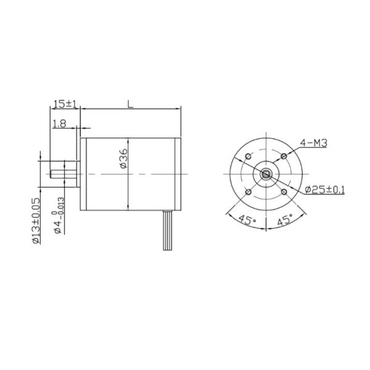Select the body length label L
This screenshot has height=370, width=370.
click(x=130, y=104)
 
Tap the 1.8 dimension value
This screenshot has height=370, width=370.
click(x=60, y=123)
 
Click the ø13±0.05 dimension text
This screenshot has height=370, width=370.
click(x=36, y=221)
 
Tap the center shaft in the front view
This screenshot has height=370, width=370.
click(x=265, y=173)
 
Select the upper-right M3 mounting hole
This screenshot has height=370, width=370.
click(x=284, y=155)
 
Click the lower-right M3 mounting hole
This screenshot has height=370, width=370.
click(x=284, y=192)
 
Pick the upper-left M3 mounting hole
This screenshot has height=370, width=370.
click(x=247, y=155)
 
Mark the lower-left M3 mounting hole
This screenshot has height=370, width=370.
click(x=247, y=192)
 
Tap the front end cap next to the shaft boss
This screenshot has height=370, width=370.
click(x=84, y=173)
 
